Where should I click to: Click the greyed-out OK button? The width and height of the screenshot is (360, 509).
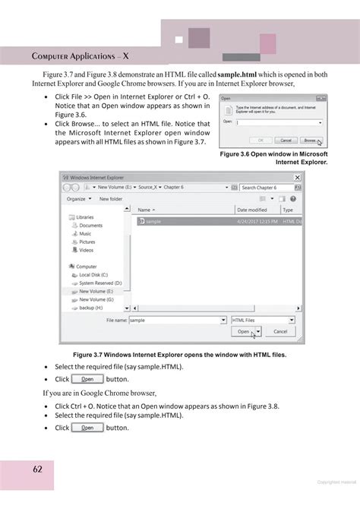coord(261,141)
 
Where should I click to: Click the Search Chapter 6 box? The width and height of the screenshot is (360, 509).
coord(269,187)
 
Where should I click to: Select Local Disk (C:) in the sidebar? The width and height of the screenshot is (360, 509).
coord(93,274)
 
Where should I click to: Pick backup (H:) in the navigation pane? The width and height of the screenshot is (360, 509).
coord(92,308)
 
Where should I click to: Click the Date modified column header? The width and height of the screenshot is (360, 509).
coord(252,210)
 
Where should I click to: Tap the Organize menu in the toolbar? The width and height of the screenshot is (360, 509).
coord(78,199)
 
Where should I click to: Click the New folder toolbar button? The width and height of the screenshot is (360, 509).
coord(111,199)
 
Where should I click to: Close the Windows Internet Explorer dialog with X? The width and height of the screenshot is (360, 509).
coord(297,177)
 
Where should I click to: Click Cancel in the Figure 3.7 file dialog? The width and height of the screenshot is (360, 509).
coord(280,332)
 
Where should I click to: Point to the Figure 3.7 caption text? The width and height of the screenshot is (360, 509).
coord(179,355)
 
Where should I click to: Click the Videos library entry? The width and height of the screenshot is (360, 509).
coord(86,250)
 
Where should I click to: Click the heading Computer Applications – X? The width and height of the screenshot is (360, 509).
coord(81,56)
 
